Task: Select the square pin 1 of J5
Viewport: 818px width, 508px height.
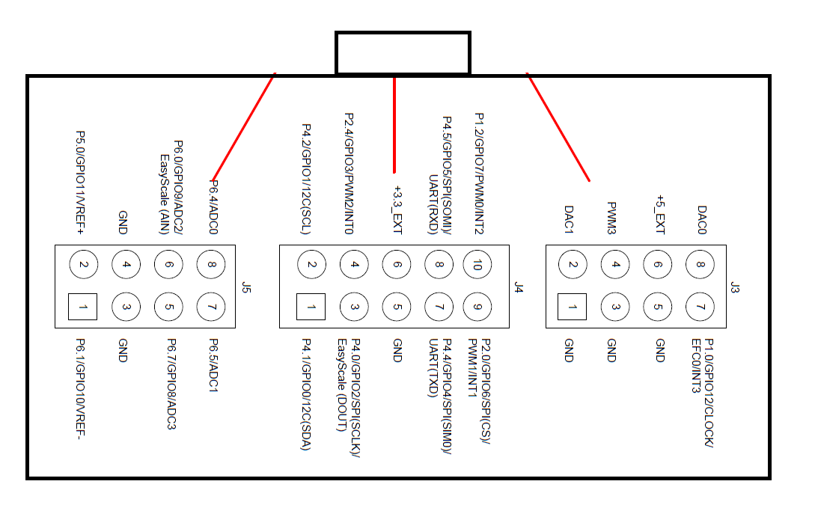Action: point(83,307)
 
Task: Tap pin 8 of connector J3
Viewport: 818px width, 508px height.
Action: point(701,264)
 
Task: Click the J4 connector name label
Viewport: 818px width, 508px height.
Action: point(518,287)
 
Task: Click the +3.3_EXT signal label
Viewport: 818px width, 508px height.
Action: point(397,210)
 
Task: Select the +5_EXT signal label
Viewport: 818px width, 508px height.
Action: point(659,215)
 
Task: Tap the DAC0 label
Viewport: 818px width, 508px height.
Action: point(701,221)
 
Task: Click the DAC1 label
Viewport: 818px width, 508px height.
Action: point(569,221)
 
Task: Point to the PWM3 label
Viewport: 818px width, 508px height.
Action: point(611,218)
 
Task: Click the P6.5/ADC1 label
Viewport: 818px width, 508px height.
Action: point(213,365)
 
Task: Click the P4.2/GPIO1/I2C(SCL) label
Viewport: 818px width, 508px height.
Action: point(305,180)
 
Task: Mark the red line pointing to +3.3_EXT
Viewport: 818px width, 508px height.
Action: point(394,123)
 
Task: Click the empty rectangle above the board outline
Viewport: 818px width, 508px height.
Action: point(403,53)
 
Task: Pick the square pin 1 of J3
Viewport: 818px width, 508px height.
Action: point(573,307)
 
